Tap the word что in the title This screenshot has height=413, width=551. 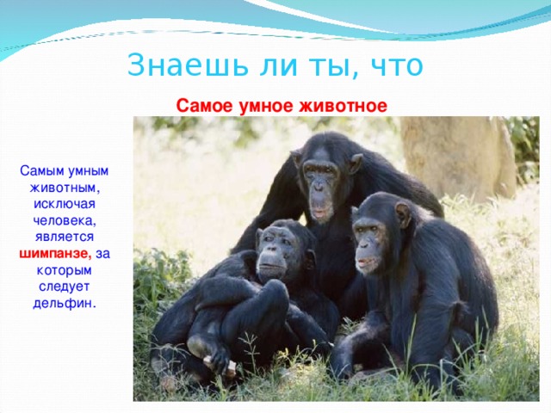pos(399,65)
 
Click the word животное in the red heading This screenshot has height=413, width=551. pos(343,107)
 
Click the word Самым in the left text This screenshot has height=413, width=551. pos(39,171)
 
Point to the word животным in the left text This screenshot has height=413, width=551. pos(65,188)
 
